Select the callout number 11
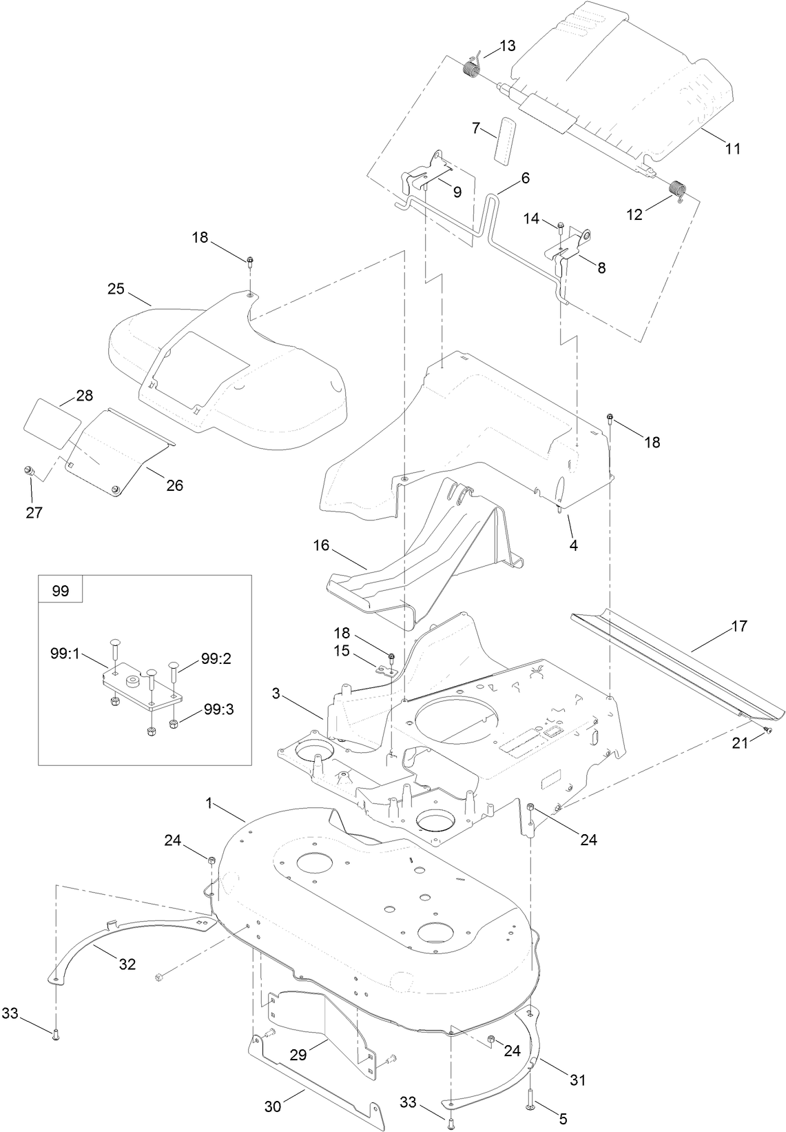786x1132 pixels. click(x=733, y=148)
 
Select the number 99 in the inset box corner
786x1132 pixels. click(x=61, y=592)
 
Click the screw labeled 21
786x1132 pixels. click(x=765, y=731)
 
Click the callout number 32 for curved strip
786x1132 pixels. click(x=127, y=964)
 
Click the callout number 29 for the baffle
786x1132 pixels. click(x=298, y=1055)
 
